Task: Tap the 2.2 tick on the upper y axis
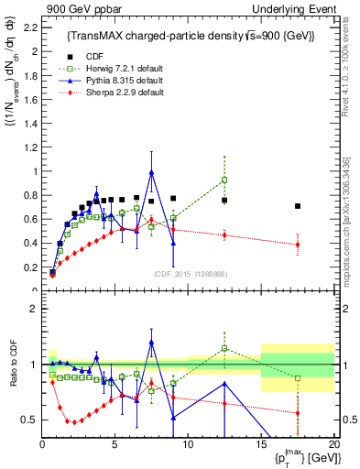29,27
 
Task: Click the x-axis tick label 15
261,444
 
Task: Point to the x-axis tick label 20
333,444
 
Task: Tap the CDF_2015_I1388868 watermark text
189,273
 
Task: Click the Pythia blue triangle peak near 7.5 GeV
151,172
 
